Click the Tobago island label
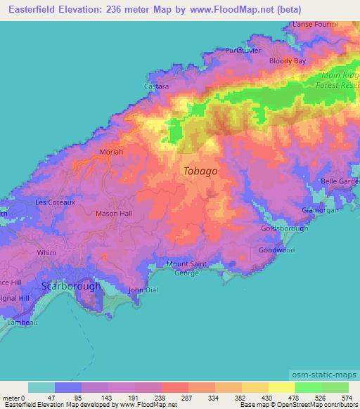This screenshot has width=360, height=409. [x=200, y=171]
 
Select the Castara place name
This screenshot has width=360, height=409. [x=157, y=86]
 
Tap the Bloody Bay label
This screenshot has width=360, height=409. [x=287, y=62]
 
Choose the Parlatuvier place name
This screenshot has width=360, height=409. [x=244, y=50]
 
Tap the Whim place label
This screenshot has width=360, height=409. [x=47, y=252]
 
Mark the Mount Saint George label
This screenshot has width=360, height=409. [x=186, y=268]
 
